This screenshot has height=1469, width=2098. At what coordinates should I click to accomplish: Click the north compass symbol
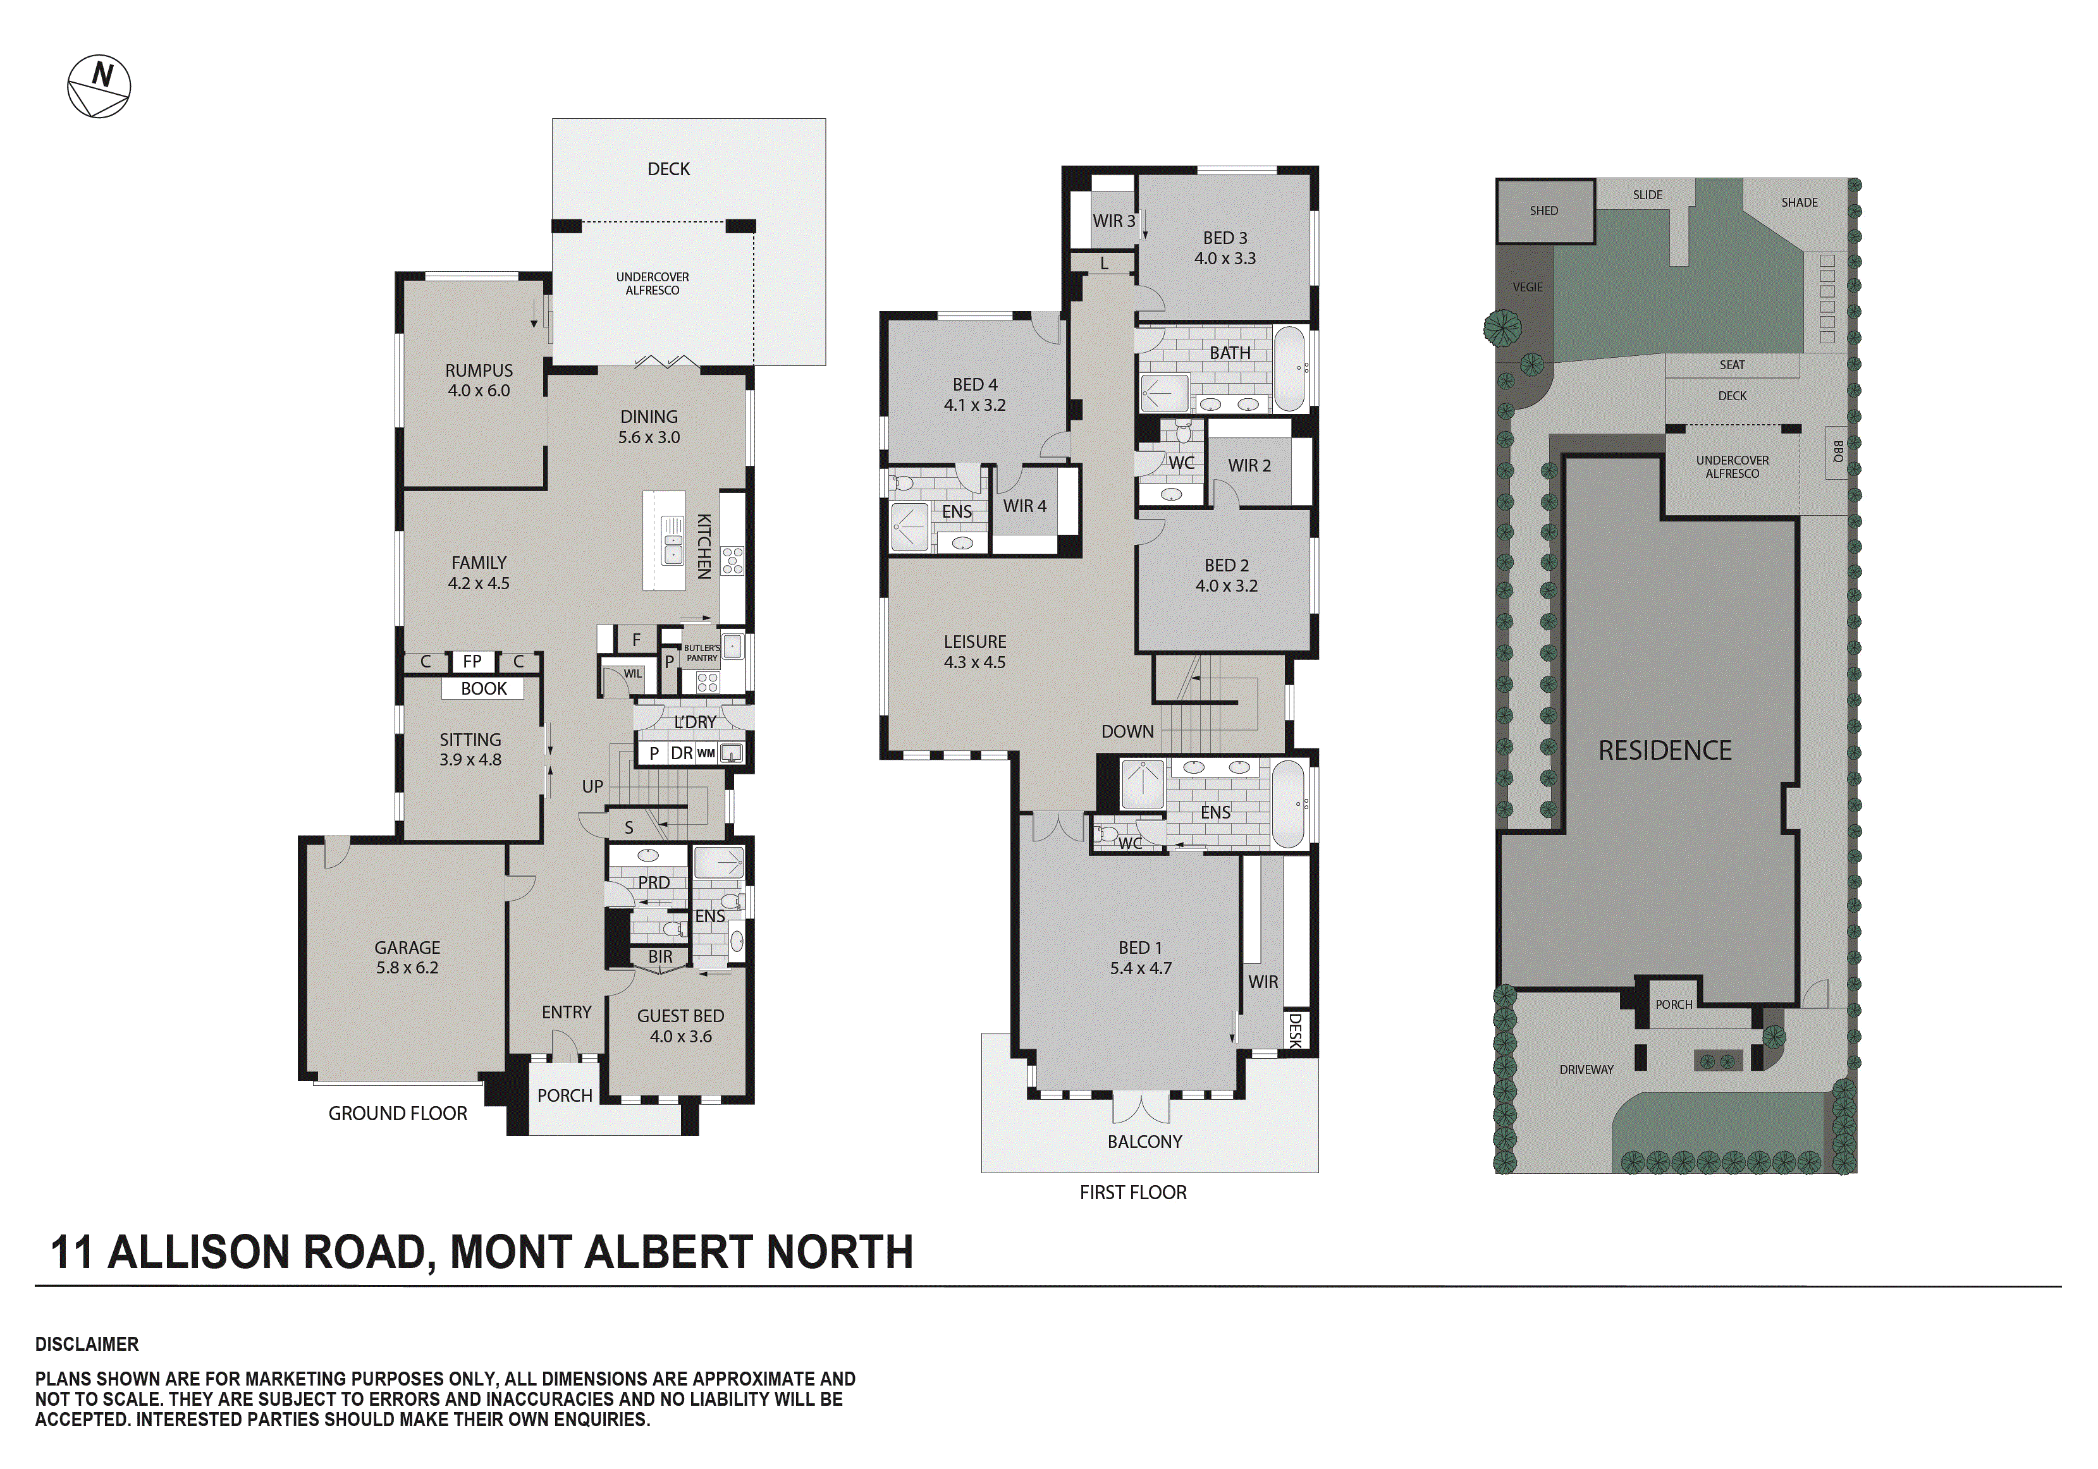coord(99,87)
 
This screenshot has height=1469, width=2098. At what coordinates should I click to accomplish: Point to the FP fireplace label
coord(472,661)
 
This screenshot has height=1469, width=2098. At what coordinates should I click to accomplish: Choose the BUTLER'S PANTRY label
coord(702,652)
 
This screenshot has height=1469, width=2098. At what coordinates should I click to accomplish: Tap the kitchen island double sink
coord(673,541)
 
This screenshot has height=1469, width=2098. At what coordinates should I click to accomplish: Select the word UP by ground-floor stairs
coord(592,786)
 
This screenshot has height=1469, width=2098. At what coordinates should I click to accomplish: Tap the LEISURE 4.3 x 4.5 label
coord(975,651)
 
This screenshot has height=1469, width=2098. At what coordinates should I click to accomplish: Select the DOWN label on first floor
coord(1127,731)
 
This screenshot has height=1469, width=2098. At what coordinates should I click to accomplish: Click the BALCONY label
coord(1144,1141)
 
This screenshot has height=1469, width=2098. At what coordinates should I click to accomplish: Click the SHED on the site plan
coord(1543,211)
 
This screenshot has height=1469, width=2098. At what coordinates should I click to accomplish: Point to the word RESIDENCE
coord(1664,751)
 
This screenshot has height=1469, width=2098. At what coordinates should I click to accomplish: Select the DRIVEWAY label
coord(1586,1069)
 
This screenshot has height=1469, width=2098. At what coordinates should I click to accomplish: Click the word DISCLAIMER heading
coord(87,1344)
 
